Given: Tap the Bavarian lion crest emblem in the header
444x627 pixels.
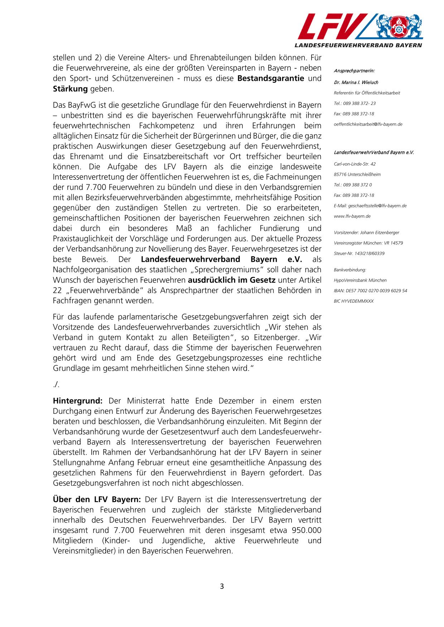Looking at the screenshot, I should [398, 27].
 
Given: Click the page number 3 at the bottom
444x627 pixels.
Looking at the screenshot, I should [222, 586].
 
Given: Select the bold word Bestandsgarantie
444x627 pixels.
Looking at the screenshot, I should [271, 78].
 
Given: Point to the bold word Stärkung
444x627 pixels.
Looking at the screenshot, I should [70, 89].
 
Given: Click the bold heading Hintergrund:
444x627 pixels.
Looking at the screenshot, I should [78, 401].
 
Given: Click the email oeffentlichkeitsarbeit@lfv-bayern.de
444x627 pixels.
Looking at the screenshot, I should [368, 124].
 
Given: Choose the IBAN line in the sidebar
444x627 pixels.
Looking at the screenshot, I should [370, 290].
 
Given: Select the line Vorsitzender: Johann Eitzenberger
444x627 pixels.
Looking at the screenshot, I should [366, 232].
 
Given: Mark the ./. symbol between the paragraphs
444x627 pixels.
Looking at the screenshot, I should [56, 384].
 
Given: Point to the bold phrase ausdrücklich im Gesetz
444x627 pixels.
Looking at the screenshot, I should [232, 280].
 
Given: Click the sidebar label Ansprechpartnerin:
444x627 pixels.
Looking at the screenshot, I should [354, 71].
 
